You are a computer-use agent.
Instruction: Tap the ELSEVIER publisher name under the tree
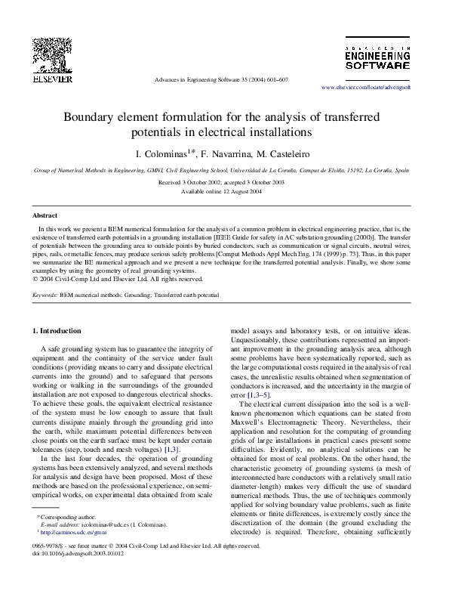(x=52, y=78)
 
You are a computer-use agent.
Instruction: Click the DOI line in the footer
(x=78, y=553)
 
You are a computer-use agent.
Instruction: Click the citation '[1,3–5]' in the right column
(x=259, y=395)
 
